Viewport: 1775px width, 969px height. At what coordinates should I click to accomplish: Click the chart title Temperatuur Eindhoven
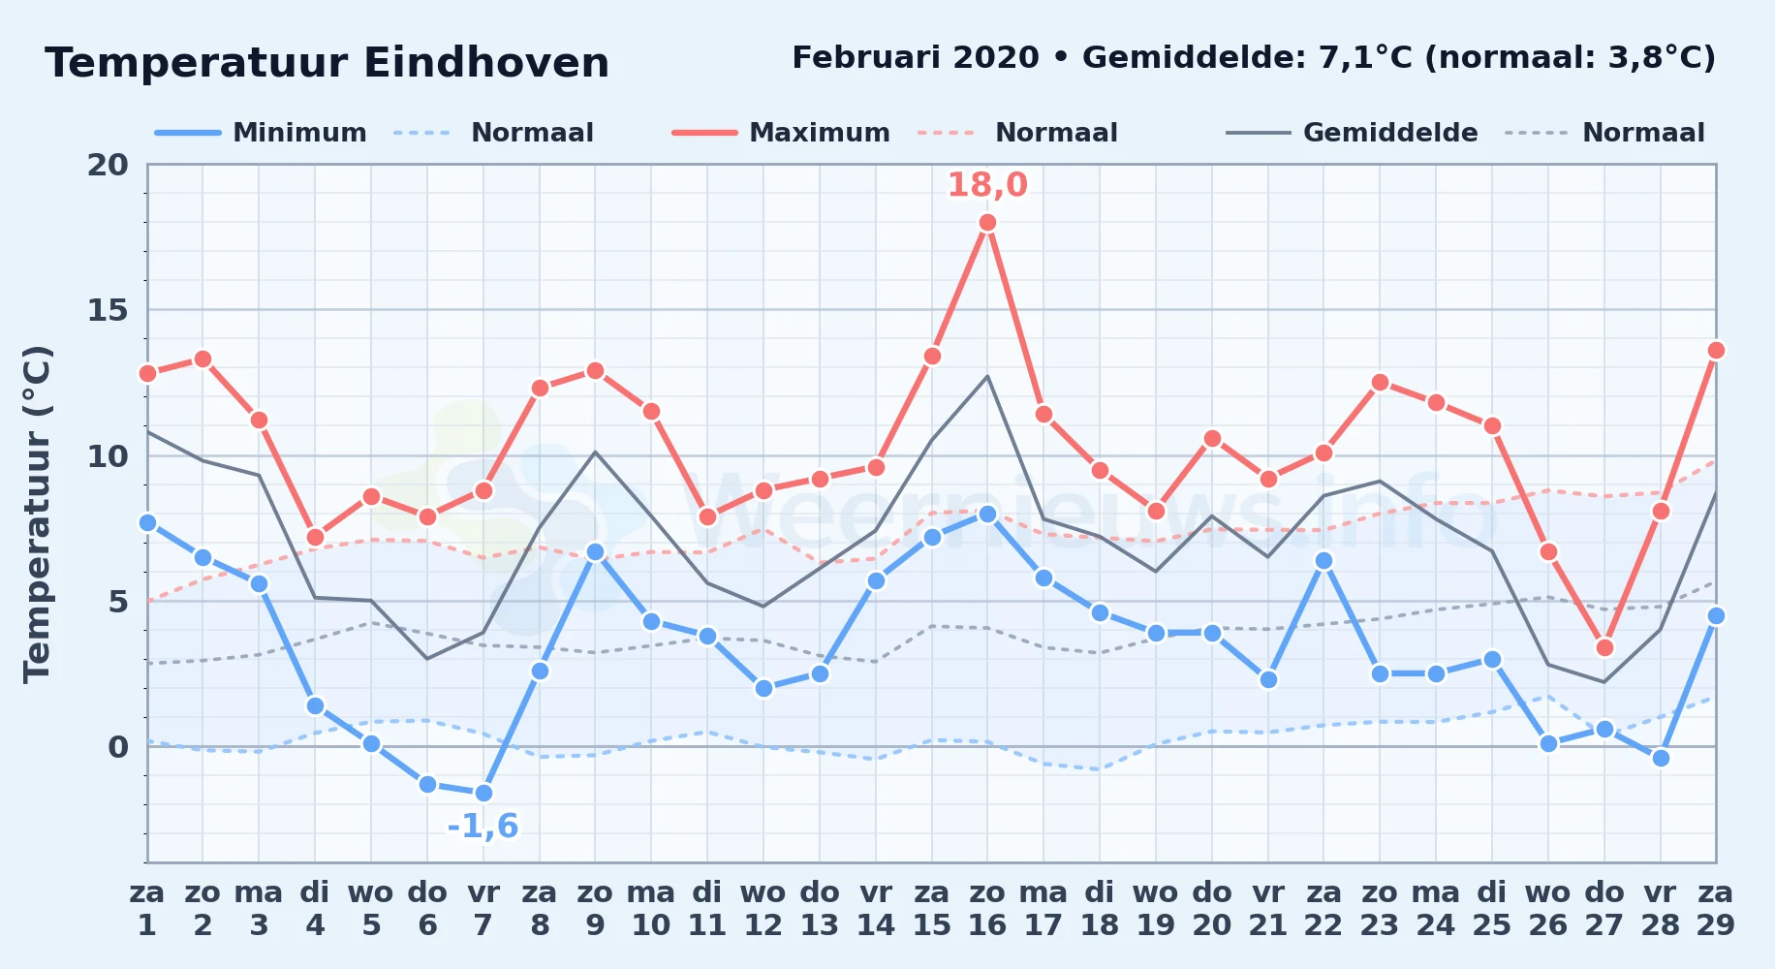pos(327,64)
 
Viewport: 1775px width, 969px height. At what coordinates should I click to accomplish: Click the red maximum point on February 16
pos(987,223)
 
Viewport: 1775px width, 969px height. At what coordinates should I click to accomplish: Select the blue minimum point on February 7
pos(483,793)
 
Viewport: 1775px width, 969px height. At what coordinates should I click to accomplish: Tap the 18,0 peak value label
pos(987,185)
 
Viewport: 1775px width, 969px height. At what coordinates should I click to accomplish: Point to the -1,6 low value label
pos(483,827)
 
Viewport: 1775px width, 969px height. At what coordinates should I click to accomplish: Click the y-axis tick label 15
pos(108,310)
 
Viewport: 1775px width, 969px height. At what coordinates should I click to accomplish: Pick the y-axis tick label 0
pos(118,747)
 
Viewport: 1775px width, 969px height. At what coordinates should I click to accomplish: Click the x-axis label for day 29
pos(1716,909)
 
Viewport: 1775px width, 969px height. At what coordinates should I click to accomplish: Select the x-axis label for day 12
pos(763,909)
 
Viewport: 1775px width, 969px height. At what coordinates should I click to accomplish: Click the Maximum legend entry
pos(782,133)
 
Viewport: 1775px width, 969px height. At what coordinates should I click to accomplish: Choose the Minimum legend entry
pos(262,133)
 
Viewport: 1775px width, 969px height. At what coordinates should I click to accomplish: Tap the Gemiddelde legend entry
pos(1353,133)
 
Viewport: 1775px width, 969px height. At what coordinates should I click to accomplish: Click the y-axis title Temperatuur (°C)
pos(38,514)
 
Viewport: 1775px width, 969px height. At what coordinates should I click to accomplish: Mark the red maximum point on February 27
pos(1604,647)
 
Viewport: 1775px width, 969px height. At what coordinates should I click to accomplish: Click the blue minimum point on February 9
pos(595,552)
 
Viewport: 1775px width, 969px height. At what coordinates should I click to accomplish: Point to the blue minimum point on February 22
pos(1323,561)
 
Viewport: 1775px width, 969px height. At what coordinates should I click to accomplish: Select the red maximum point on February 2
pos(202,359)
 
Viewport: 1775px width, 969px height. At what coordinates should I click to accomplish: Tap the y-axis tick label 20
pos(108,165)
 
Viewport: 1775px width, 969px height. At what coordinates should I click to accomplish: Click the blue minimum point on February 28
pos(1661,758)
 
